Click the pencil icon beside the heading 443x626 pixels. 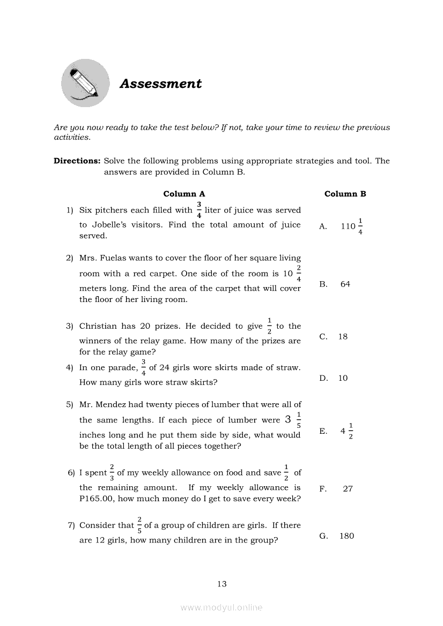(x=85, y=83)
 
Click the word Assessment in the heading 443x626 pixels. (x=160, y=84)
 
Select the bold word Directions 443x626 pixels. (x=77, y=161)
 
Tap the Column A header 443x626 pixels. (x=184, y=194)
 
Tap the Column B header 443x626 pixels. (x=345, y=194)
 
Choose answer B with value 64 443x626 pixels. (x=345, y=284)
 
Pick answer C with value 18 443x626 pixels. (x=343, y=337)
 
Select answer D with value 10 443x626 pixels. (x=343, y=378)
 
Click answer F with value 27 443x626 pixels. (x=348, y=488)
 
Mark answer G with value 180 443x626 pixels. (x=346, y=536)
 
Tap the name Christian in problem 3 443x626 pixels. (x=99, y=326)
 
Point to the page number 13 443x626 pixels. (x=222, y=584)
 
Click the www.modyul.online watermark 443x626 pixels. (x=222, y=608)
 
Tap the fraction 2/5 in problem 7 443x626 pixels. (x=139, y=525)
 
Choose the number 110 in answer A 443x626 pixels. (x=348, y=227)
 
